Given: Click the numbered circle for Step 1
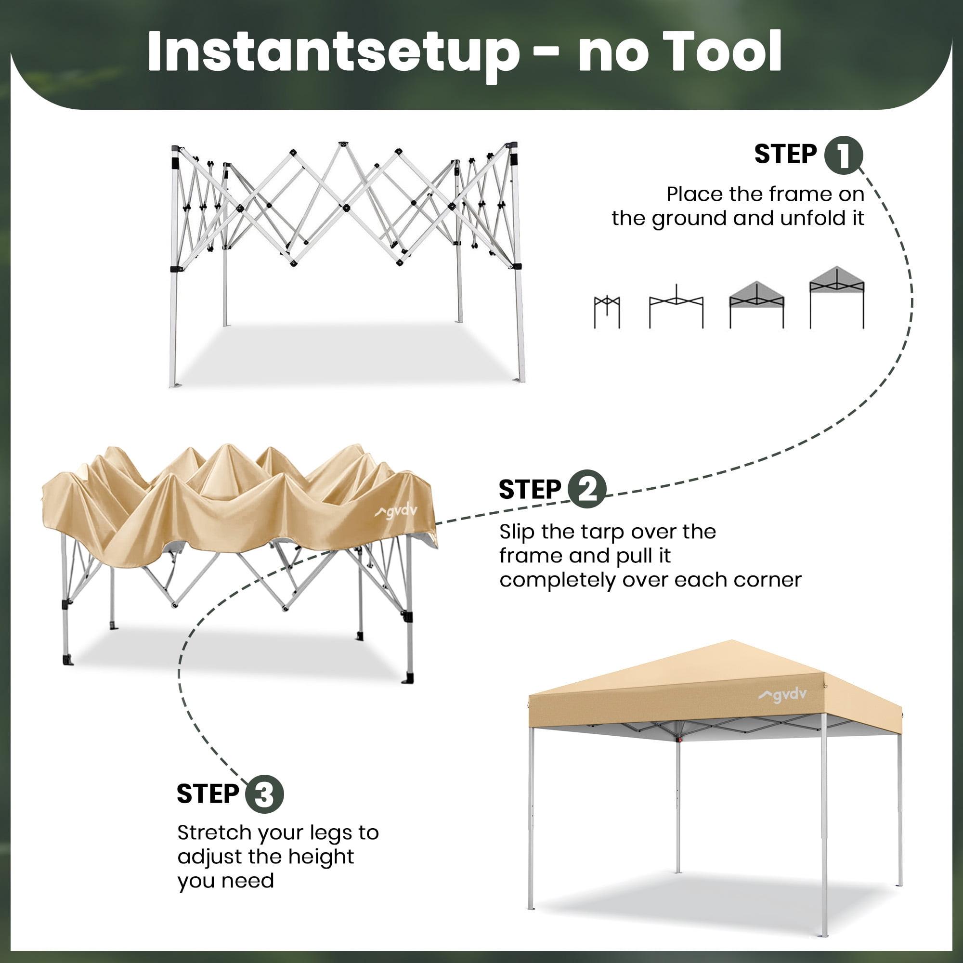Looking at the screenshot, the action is click(844, 155).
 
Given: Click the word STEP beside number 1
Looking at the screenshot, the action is click(785, 154).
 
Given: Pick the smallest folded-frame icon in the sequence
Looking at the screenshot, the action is click(607, 312).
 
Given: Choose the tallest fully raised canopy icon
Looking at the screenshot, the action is click(837, 298).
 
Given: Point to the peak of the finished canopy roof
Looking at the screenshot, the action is click(732, 640).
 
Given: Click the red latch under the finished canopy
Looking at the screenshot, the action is click(678, 740).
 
